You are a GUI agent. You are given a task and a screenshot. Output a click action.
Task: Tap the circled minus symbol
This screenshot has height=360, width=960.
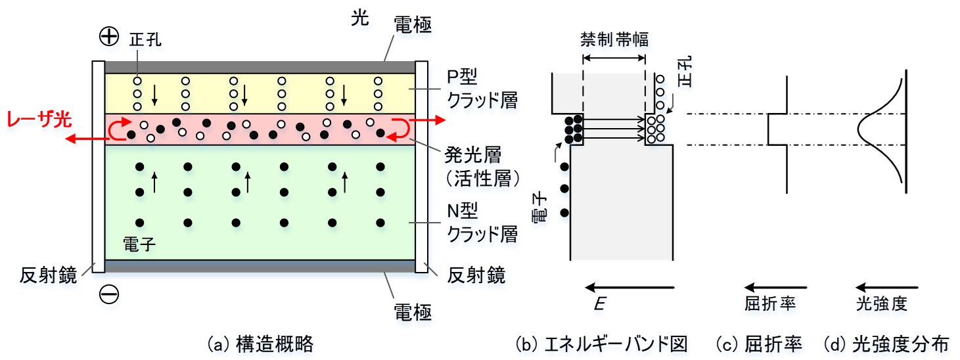(x=108, y=295)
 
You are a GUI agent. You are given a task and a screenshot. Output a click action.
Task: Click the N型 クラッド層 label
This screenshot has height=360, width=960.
(x=482, y=223)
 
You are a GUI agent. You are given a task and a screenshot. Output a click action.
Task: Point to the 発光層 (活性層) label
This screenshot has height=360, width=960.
(x=482, y=166)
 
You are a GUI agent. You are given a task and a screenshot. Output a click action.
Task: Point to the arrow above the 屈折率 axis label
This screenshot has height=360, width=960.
(x=775, y=287)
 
